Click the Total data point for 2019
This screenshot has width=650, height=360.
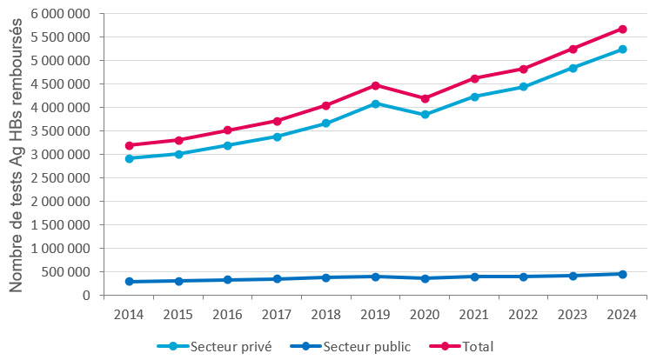(x=376, y=85)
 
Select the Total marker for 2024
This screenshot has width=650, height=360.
(x=623, y=29)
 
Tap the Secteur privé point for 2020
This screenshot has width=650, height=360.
(x=426, y=115)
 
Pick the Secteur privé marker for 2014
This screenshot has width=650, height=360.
(x=129, y=158)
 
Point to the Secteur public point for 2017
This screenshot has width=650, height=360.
(x=277, y=279)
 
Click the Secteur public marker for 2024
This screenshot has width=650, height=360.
(x=623, y=274)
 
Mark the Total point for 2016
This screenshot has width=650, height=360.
(x=228, y=130)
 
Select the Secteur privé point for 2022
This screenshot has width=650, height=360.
(x=524, y=87)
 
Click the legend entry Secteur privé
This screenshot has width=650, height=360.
(x=231, y=346)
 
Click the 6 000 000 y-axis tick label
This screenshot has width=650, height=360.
(x=60, y=14)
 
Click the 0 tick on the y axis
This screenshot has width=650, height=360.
(x=87, y=295)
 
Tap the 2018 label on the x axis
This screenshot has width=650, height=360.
(x=326, y=312)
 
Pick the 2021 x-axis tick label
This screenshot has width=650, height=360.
(x=474, y=312)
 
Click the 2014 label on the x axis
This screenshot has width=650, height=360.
(x=129, y=312)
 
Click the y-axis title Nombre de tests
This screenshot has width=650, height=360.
(x=16, y=155)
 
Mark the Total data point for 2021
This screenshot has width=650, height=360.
(x=474, y=78)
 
